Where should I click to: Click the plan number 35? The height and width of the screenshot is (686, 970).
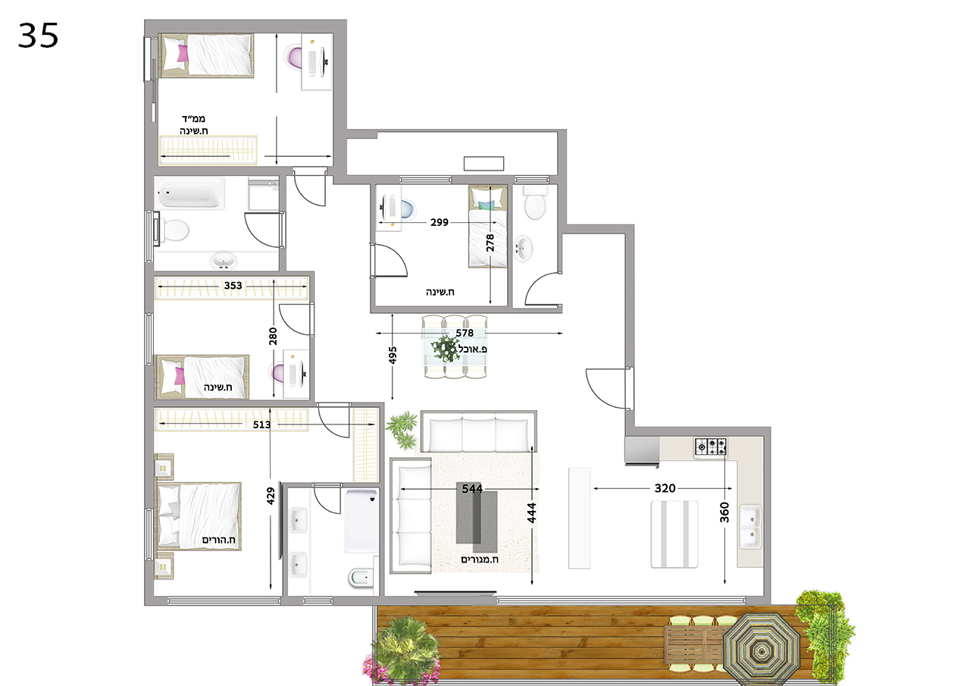click(x=38, y=36)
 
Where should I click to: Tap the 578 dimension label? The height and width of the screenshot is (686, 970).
click(x=465, y=333)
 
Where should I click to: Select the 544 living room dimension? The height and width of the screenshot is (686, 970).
click(x=472, y=489)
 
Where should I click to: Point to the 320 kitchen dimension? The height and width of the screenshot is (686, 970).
click(x=665, y=488)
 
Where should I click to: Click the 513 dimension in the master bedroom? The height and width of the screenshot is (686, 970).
click(x=261, y=424)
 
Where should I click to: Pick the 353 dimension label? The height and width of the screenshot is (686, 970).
click(x=233, y=286)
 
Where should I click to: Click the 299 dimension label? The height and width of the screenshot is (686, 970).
click(x=439, y=223)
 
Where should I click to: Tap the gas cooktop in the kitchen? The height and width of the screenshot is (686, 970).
click(x=711, y=446)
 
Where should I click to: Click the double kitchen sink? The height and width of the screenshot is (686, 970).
click(x=750, y=526)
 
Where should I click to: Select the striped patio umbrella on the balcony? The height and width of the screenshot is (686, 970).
click(x=762, y=649)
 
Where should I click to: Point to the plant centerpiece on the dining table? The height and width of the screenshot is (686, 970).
click(x=446, y=348)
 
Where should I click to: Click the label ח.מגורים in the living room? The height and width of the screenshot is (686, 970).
click(x=480, y=559)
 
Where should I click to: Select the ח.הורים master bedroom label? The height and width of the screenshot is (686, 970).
click(x=219, y=540)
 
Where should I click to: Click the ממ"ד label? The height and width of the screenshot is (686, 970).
click(x=193, y=118)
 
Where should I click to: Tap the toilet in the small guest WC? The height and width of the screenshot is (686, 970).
click(x=535, y=202)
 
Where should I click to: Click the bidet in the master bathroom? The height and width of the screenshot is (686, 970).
click(x=361, y=578)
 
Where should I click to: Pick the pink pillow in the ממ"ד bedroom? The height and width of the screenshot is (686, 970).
click(x=183, y=54)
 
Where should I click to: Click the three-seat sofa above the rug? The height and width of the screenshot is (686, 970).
click(x=478, y=432)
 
